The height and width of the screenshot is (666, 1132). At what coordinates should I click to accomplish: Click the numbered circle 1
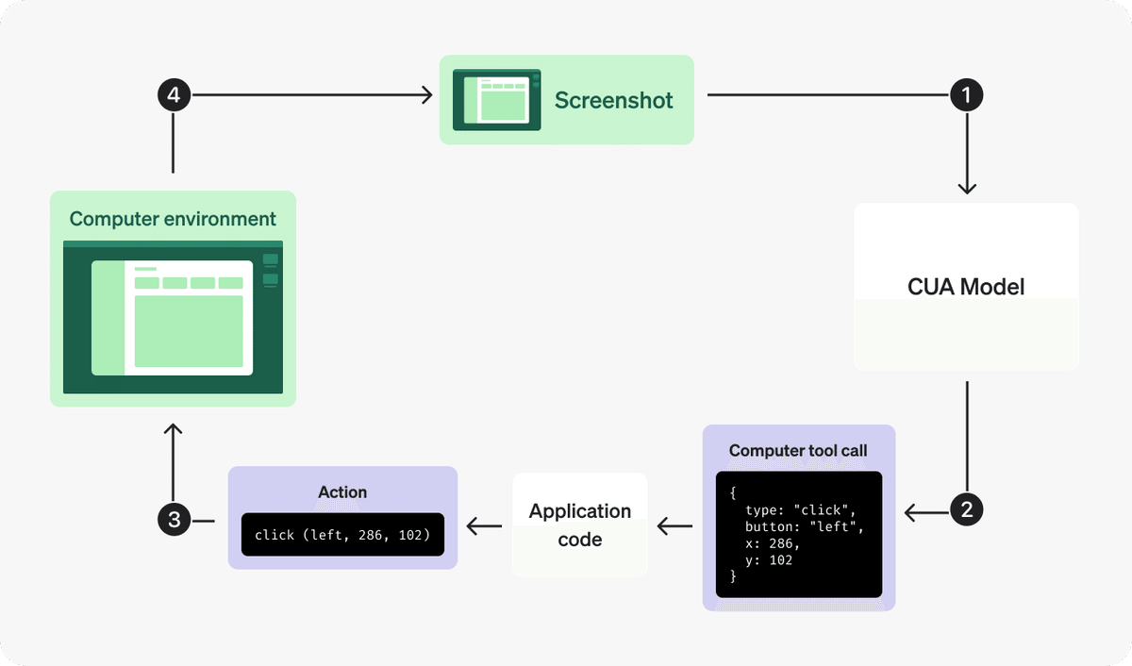tap(966, 94)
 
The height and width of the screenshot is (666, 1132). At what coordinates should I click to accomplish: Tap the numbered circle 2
tap(966, 510)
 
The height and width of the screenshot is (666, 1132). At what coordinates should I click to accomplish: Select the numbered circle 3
tap(173, 518)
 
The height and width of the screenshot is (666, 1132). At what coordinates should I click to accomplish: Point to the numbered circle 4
tap(173, 94)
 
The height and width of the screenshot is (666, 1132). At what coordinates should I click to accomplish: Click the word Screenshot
tap(613, 100)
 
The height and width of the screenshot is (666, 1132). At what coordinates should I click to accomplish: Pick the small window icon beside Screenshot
tap(496, 99)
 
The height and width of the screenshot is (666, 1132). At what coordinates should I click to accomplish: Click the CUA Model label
tap(966, 287)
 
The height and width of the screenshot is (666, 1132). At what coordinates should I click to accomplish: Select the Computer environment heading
tap(173, 219)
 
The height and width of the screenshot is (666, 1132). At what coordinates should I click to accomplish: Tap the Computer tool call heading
tap(798, 451)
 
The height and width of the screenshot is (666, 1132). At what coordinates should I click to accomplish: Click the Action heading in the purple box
tap(342, 491)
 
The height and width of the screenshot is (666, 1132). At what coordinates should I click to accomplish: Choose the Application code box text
tap(579, 525)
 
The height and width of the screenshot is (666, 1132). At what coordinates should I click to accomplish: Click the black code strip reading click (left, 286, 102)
tap(342, 535)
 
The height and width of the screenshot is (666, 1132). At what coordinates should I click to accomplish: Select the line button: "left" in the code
tap(804, 526)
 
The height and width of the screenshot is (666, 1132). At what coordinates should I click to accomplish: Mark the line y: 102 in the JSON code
tap(769, 560)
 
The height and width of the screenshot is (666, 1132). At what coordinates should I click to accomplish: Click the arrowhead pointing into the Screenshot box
tap(427, 94)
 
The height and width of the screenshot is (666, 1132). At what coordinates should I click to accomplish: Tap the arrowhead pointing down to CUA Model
tap(966, 189)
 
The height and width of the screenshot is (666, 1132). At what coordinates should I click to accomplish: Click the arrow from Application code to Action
tap(485, 525)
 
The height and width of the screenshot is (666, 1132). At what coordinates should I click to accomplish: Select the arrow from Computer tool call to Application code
tap(674, 525)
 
